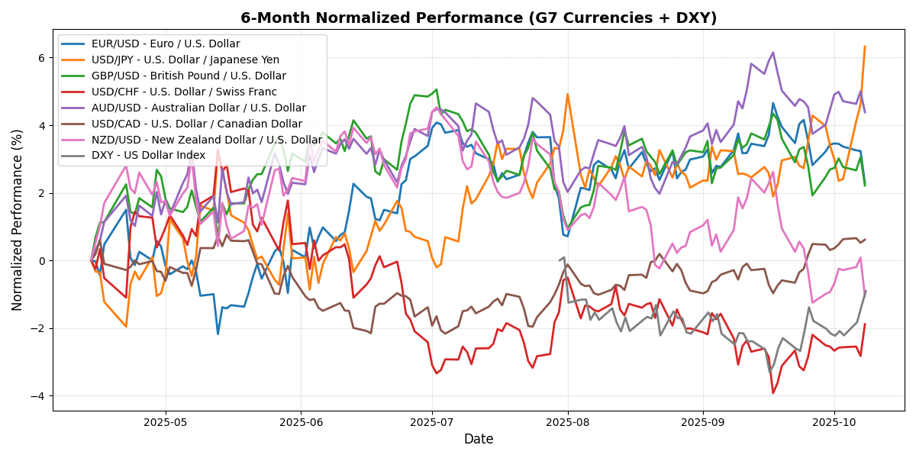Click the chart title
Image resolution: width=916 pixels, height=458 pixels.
(479, 18)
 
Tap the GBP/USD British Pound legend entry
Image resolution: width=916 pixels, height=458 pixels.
(189, 76)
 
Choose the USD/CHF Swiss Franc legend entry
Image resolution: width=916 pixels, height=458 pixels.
(184, 92)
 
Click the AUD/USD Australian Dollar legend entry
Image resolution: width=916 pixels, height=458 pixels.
(198, 108)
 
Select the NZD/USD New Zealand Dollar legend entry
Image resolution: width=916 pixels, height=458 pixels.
(206, 140)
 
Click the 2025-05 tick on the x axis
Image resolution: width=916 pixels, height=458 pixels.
(166, 421)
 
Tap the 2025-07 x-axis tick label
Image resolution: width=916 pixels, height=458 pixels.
(432, 421)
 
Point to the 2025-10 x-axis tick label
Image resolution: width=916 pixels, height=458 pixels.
(834, 421)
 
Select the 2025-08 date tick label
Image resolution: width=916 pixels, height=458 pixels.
(569, 421)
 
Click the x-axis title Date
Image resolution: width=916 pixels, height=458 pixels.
(479, 440)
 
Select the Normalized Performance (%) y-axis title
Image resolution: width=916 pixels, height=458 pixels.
(18, 220)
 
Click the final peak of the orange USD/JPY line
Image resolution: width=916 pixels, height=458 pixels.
(865, 47)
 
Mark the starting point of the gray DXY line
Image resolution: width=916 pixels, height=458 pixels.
(560, 260)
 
